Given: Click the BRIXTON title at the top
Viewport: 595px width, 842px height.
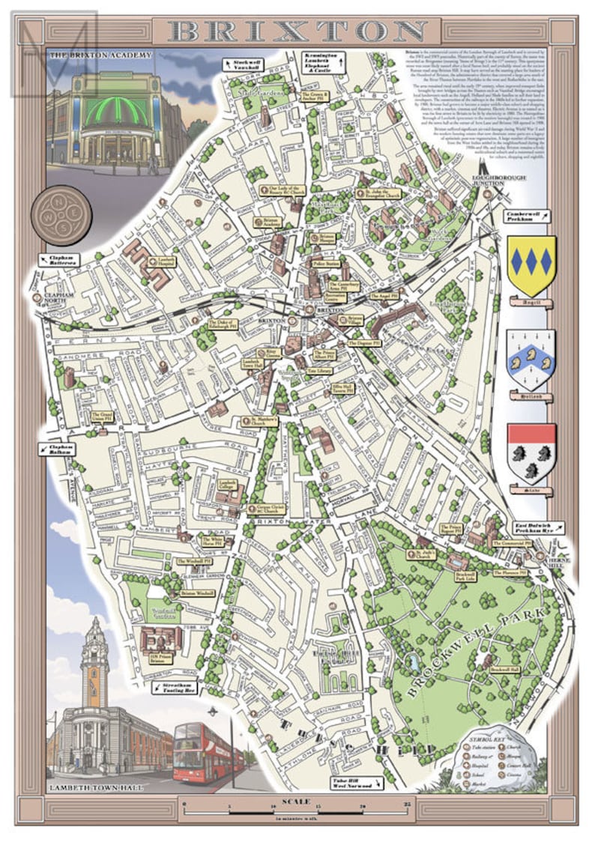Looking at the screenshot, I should (x=297, y=31).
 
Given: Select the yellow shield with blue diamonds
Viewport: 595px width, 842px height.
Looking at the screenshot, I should (x=531, y=264).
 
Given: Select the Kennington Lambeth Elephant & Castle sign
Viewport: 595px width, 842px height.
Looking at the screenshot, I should (x=322, y=63).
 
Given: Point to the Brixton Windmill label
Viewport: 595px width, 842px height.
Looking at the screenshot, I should (x=197, y=593).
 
